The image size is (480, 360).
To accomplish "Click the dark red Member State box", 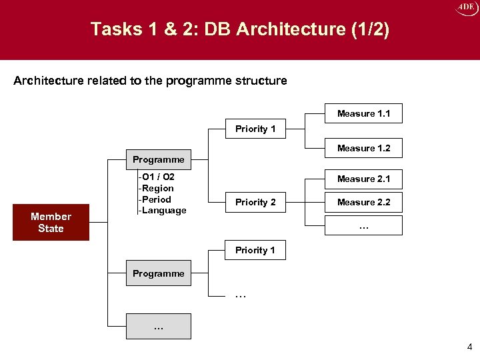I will tap(51, 222).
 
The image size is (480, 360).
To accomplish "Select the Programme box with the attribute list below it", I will tap(158, 160).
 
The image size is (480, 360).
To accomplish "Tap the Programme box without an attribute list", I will tap(158, 273).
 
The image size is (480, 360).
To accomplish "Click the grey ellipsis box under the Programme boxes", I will tap(158, 327).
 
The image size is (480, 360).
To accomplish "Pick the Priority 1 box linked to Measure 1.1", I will tap(255, 129).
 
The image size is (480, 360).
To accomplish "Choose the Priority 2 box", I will tap(255, 202).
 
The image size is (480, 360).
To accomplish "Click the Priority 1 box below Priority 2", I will tap(255, 250).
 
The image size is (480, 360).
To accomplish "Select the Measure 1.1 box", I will tap(364, 113).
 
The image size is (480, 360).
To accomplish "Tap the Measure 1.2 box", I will tap(364, 148).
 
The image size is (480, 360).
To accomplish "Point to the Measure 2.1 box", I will tap(364, 179).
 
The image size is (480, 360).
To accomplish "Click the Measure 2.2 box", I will tap(364, 202).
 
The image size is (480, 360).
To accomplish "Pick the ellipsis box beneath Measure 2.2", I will tap(364, 225).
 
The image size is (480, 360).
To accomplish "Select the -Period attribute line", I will tap(155, 199).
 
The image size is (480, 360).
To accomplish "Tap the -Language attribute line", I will tap(162, 211).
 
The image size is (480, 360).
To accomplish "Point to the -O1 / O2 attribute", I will tap(157, 177).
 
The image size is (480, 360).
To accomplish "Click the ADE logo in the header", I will tap(467, 8).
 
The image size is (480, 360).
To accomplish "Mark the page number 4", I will tap(469, 347).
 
